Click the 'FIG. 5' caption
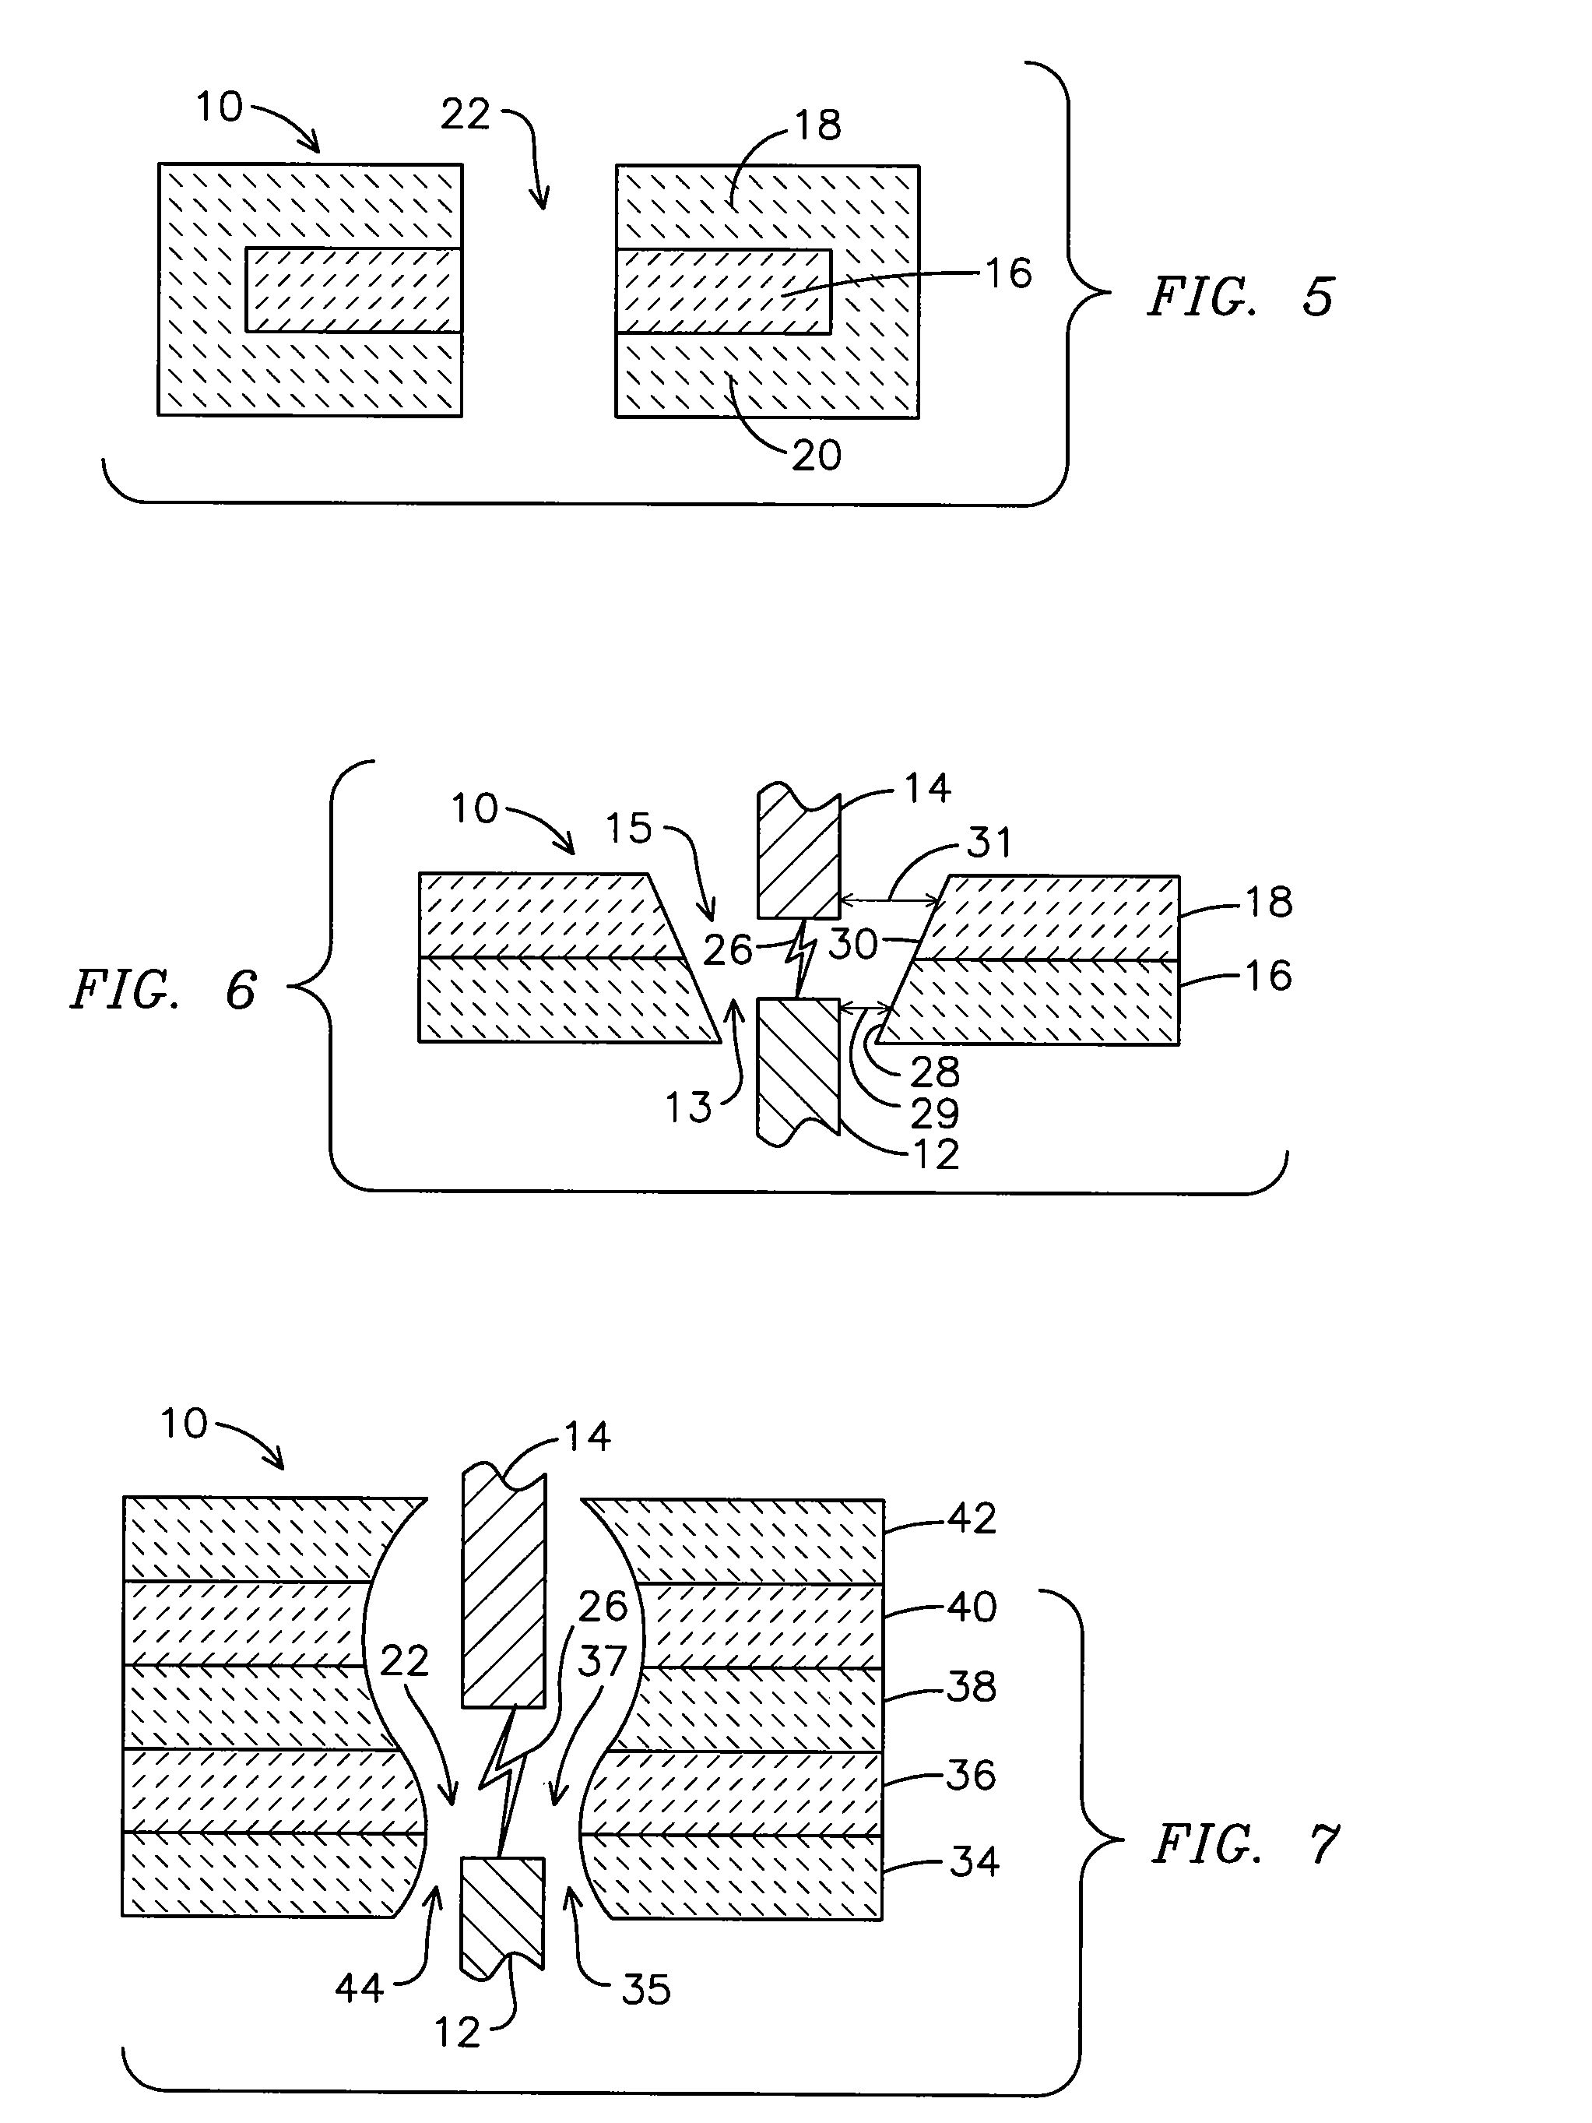(x=1241, y=297)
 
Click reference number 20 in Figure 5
(x=817, y=455)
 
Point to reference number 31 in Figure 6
(x=989, y=843)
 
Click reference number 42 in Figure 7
(x=972, y=1519)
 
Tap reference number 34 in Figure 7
(x=974, y=1862)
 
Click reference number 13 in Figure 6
(x=689, y=1107)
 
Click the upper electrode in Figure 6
(x=799, y=851)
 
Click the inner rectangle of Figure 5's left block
(x=354, y=290)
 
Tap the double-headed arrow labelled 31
(x=888, y=900)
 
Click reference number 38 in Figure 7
(x=971, y=1686)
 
